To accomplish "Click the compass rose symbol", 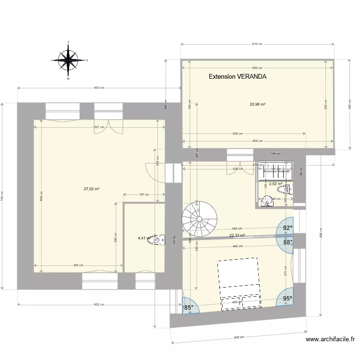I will tap(69, 60).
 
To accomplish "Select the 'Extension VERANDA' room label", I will tap(238, 77).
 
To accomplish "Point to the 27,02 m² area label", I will tap(91, 189).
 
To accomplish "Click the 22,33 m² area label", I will tap(237, 235).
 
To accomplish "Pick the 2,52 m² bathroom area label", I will tap(276, 183).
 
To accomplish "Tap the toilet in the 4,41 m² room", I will tap(156, 239).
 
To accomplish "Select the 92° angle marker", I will tap(287, 228).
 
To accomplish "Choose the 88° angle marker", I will tap(287, 242).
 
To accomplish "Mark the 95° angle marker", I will tap(287, 298).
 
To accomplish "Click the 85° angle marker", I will tap(189, 308).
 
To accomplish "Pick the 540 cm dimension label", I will tap(238, 337).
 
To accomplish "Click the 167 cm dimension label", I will tap(142, 194).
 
